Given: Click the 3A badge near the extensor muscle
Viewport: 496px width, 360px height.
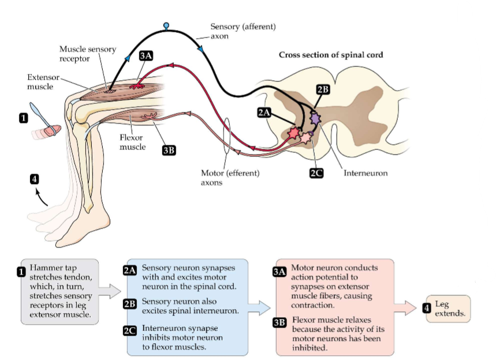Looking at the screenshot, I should tap(146, 56).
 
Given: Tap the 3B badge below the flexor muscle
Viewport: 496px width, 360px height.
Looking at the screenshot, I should tap(168, 150).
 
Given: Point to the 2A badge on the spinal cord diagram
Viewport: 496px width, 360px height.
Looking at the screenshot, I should tap(264, 113).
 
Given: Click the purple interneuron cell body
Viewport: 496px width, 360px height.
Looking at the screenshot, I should tap(315, 119).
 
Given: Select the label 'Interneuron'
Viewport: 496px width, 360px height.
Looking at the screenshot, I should tap(366, 172).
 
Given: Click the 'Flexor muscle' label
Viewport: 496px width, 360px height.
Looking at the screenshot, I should tap(132, 142).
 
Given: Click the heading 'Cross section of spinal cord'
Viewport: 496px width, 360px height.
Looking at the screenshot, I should tap(331, 55).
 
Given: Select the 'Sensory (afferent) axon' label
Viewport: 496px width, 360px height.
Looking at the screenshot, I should tap(243, 31).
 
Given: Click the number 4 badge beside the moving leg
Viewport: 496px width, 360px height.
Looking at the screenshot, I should tap(35, 179).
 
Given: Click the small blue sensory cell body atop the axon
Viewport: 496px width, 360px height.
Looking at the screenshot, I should tap(167, 25).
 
